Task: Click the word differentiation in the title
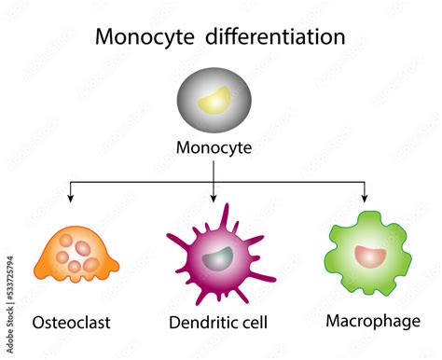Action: [x=278, y=38]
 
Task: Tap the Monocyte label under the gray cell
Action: [x=214, y=147]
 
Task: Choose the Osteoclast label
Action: [x=71, y=323]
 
